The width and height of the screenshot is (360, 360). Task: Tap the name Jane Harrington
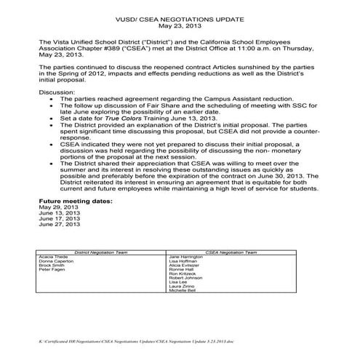(x=185, y=257)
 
